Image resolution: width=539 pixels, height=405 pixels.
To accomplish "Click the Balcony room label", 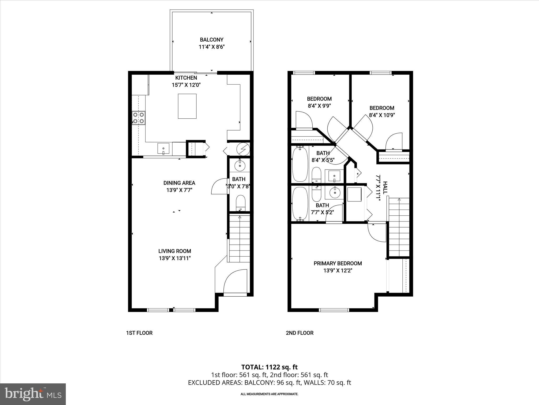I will (x=212, y=40).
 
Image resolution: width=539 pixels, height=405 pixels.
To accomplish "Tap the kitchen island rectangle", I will (x=187, y=106).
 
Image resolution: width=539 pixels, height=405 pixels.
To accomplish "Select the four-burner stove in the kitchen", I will (x=138, y=118).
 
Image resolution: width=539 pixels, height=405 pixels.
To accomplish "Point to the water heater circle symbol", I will (x=242, y=149).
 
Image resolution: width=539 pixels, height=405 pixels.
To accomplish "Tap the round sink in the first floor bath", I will (x=240, y=166).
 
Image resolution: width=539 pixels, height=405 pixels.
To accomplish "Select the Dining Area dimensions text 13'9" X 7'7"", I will (x=179, y=190).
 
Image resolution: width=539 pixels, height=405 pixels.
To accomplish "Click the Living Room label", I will (x=174, y=251).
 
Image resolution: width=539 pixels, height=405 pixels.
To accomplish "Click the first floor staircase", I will (x=239, y=239).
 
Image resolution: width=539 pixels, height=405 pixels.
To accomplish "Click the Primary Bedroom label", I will (x=338, y=263).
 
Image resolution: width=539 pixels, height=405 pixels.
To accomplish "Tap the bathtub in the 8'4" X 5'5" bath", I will (x=300, y=165).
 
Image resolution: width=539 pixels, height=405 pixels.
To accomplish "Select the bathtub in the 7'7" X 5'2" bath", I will (x=300, y=203).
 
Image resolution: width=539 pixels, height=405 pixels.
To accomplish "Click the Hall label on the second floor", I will (x=385, y=188).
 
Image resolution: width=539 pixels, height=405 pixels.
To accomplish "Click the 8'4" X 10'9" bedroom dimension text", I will (x=382, y=115).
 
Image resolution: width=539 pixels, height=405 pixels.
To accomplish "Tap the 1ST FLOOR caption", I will (x=139, y=333).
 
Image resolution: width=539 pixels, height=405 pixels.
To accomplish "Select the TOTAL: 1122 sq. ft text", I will (x=269, y=367).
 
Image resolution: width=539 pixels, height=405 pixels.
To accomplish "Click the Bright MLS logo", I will (x=33, y=394).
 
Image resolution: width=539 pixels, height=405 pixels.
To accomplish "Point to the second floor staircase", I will (x=399, y=227).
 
